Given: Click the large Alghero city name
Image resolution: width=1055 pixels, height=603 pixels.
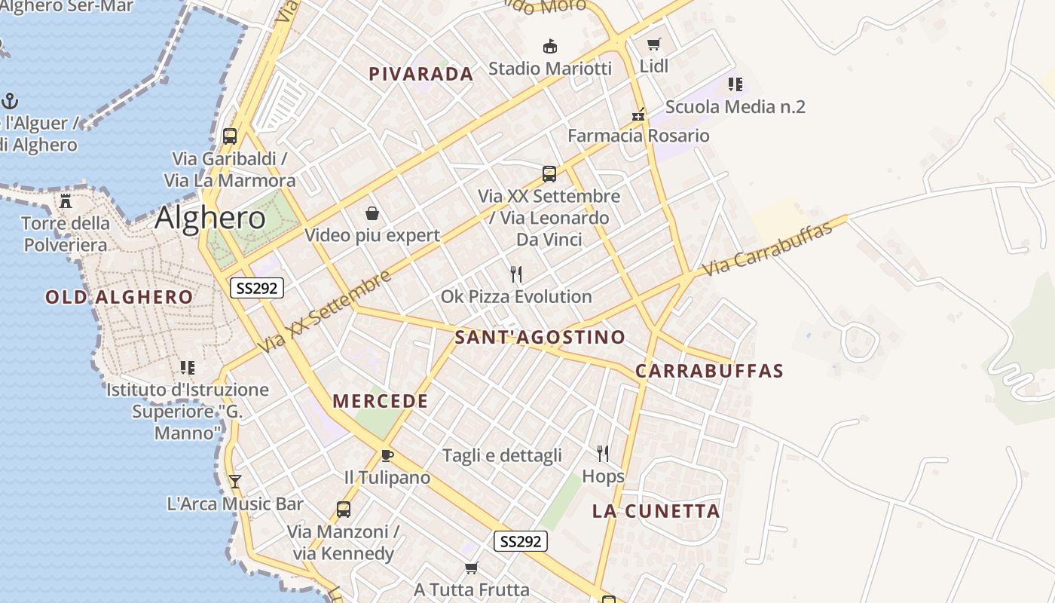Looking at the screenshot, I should tap(210, 218).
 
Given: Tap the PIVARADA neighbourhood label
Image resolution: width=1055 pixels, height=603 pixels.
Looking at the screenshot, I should tap(420, 74).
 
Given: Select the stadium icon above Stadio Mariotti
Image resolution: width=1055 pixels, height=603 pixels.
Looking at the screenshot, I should tap(550, 46).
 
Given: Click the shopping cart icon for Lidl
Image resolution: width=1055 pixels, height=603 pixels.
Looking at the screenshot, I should tap(653, 44).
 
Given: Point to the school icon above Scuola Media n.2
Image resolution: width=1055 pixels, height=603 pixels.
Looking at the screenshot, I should tap(735, 84).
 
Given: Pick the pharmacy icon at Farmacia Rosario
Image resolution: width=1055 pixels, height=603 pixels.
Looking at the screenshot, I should tap(638, 115).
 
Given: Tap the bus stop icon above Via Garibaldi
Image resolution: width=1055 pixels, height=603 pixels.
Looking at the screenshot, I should tap(230, 136).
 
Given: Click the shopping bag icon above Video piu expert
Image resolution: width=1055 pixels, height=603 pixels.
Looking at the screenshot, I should tap(372, 213).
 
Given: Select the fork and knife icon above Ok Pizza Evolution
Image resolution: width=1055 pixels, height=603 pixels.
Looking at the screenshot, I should tap(516, 274).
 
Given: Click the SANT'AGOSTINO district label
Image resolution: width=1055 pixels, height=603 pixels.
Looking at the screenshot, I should tap(540, 337).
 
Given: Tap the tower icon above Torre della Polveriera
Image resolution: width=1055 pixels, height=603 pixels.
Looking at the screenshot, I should tap(66, 201).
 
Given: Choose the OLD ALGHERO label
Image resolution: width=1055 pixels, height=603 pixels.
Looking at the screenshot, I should tap(119, 297).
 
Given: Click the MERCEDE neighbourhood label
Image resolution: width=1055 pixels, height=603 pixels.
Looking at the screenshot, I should tap(380, 401).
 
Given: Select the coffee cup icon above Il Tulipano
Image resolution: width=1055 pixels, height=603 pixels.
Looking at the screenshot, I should tap(387, 455).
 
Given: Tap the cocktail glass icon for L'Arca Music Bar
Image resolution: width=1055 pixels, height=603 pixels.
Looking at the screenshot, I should tap(235, 481).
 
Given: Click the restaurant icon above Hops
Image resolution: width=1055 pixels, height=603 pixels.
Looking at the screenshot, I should tap(603, 453).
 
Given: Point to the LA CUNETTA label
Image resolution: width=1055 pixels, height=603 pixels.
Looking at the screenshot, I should tap(656, 511).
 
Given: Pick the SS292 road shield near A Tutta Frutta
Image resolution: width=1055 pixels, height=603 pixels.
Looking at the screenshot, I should tap(521, 540).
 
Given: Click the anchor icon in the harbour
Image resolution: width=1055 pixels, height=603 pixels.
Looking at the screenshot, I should tap(10, 100).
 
